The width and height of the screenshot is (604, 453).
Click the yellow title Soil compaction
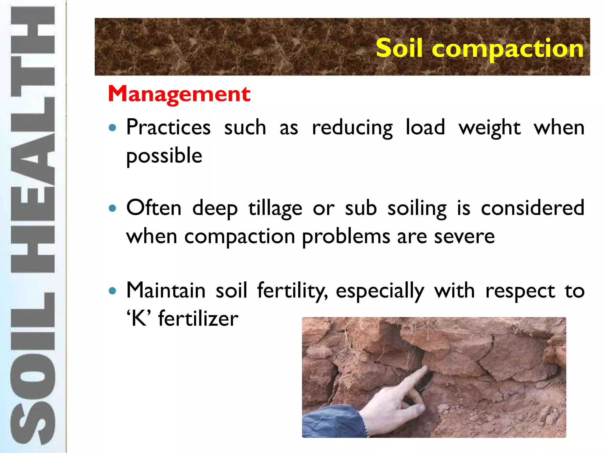[x=480, y=48]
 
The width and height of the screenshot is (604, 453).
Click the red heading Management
[x=179, y=94]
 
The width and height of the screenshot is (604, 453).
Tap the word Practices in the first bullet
[x=168, y=127]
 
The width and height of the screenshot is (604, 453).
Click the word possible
[x=164, y=156]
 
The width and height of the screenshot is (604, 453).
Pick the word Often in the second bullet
[x=154, y=208]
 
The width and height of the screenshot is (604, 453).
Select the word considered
[x=532, y=208]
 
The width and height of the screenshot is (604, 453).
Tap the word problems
[x=346, y=237]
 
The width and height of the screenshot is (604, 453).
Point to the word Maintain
[x=166, y=290]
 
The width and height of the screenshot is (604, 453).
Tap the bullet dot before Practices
[x=112, y=128]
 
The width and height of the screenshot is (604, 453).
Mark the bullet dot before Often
[x=112, y=209]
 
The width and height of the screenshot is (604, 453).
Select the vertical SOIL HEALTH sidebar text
[x=32, y=226]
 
